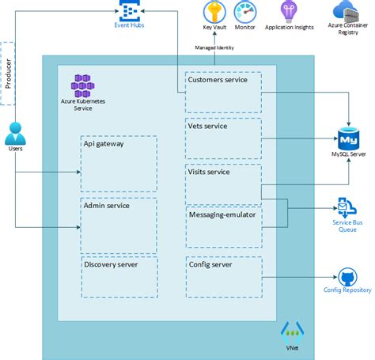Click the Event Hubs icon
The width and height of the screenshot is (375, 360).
pos(129,11)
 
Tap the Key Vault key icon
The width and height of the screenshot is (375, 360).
pos(214,12)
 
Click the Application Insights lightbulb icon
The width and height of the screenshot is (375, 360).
pos(290,11)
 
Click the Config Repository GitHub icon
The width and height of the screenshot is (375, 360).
pos(347,278)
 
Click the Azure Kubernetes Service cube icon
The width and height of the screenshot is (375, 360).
pos(82,83)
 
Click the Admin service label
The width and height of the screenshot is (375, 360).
pos(108,205)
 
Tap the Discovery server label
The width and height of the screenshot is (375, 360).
pos(111,264)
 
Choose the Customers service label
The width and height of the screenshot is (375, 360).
pos(217,80)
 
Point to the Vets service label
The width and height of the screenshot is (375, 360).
pos(207,126)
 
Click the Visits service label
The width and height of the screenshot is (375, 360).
pos(209,172)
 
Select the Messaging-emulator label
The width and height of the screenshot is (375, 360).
pos(221,214)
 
